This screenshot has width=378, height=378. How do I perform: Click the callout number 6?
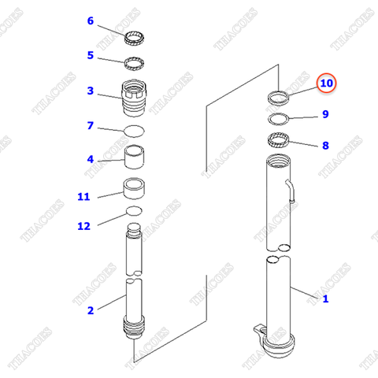(90, 20)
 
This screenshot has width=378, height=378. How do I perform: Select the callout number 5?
(90, 55)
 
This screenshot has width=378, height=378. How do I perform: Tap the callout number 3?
(90, 91)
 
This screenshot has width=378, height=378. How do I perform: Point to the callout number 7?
(90, 125)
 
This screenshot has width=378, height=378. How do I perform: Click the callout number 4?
(90, 160)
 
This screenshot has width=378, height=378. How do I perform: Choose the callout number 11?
(83, 196)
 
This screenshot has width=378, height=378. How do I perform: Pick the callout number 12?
(83, 226)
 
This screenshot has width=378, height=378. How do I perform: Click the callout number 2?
(90, 310)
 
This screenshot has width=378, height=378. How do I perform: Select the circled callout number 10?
(326, 83)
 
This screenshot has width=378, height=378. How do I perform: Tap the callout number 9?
(324, 115)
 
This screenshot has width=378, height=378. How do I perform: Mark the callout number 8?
(324, 145)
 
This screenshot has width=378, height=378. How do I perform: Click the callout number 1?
(324, 298)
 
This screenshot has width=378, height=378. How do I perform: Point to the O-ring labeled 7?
(135, 129)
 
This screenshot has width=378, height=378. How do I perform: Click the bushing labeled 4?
(134, 160)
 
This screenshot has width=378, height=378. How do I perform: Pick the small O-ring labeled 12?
(134, 212)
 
